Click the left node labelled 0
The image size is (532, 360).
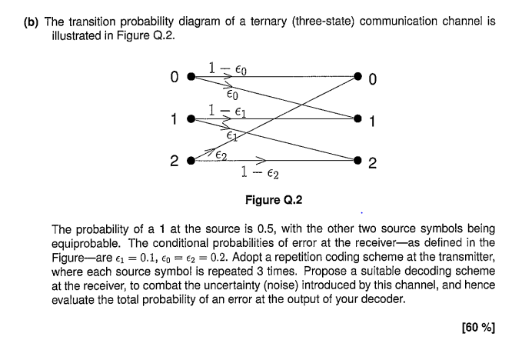click(x=191, y=77)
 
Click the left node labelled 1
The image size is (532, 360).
click(x=191, y=119)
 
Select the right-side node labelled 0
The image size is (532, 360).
click(x=357, y=77)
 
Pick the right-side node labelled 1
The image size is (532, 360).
click(x=357, y=119)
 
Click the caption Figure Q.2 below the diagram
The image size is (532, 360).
click(x=273, y=200)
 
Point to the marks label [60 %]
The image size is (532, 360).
click(x=477, y=328)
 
